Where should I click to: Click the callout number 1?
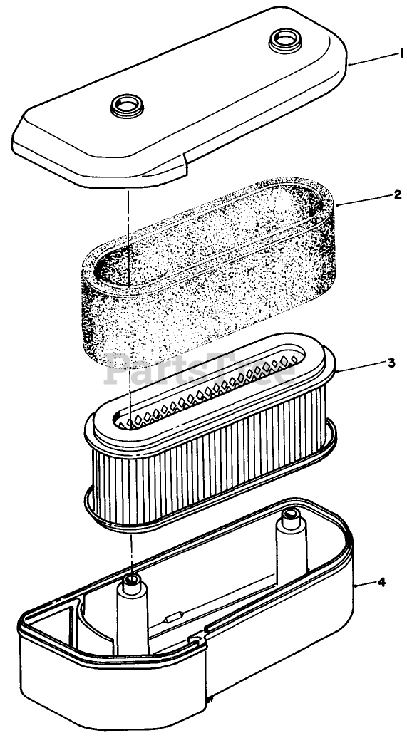tap(402, 54)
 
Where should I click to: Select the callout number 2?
tap(398, 194)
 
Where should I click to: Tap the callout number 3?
tap(391, 363)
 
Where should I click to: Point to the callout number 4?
tap(381, 582)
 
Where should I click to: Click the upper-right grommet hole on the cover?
tap(285, 40)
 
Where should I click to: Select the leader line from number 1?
tap(373, 59)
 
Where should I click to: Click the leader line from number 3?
tap(361, 367)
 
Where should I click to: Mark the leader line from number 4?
tap(366, 584)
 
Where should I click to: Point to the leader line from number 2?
tap(365, 199)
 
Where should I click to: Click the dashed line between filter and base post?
tap(131, 551)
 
